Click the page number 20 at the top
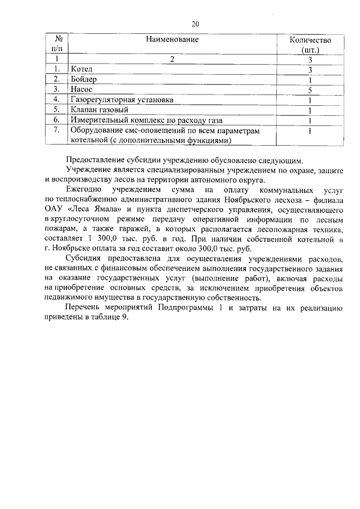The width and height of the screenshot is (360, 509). pyautogui.click(x=195, y=24)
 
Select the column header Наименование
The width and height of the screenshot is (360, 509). pyautogui.click(x=173, y=40)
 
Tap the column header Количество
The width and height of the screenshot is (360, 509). pyautogui.click(x=310, y=40)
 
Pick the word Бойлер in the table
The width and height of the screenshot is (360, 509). pyautogui.click(x=84, y=79)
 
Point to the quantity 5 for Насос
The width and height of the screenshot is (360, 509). pyautogui.click(x=310, y=89)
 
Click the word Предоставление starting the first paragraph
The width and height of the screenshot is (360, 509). pyautogui.click(x=98, y=160)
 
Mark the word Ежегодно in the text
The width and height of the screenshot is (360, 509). pyautogui.click(x=84, y=190)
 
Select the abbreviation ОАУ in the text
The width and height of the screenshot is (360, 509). pyautogui.click(x=55, y=210)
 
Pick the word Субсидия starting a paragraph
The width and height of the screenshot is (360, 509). pyautogui.click(x=84, y=260)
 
